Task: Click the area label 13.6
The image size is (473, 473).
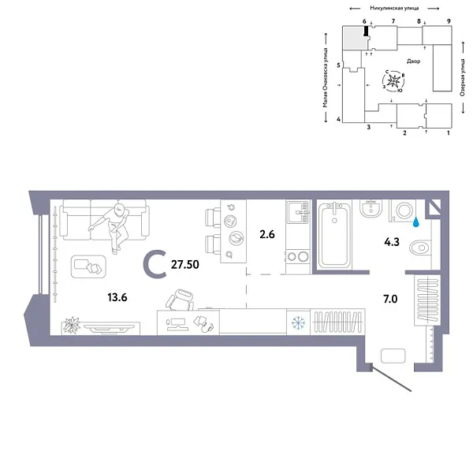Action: (x=116, y=297)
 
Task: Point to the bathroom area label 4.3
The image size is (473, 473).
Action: (x=392, y=233)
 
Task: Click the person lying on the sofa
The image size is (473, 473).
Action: (x=117, y=225)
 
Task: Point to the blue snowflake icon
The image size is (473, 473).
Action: (x=299, y=322)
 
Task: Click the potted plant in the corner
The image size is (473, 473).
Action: (x=72, y=323)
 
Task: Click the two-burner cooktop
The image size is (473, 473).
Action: (x=297, y=255)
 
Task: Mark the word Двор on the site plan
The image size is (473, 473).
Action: (x=414, y=61)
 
